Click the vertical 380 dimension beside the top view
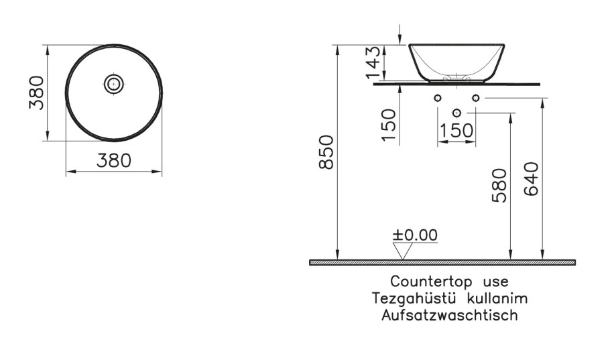36,93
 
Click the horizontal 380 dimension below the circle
113,160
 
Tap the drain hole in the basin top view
114,84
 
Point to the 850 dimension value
326,153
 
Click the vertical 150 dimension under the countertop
389,124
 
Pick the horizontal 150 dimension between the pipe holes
456,131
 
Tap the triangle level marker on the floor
402,251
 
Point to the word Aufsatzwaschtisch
449,313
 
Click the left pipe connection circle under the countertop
438,99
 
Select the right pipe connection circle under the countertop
475,99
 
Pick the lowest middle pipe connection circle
457,112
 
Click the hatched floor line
442,262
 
